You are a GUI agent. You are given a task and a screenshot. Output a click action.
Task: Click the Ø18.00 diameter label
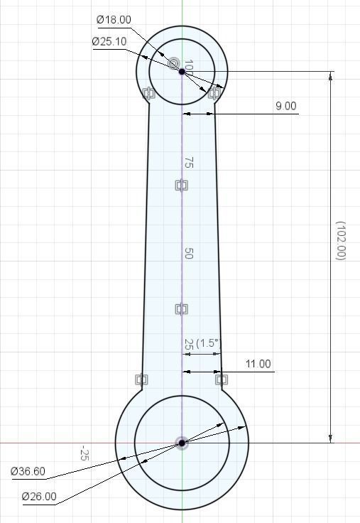click(113, 20)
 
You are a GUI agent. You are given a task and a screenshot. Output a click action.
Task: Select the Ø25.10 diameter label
click(109, 41)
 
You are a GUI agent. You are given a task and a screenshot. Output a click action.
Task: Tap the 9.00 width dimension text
click(286, 106)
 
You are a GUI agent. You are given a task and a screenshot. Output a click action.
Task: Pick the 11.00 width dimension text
click(258, 364)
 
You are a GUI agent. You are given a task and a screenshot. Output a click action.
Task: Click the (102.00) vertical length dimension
click(340, 240)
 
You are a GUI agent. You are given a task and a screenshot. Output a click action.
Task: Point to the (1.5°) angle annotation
click(208, 343)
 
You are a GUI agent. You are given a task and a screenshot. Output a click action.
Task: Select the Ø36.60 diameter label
click(28, 471)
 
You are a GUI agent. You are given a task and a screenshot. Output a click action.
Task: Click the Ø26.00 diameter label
click(39, 496)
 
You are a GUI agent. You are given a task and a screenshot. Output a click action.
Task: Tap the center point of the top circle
click(182, 71)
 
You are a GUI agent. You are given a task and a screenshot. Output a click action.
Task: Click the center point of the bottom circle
click(182, 443)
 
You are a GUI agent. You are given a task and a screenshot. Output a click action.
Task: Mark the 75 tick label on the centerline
click(188, 163)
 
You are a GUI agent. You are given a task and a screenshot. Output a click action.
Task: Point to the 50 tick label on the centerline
click(188, 253)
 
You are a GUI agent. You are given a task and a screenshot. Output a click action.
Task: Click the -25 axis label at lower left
click(85, 453)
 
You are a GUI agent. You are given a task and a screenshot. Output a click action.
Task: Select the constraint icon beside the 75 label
click(181, 185)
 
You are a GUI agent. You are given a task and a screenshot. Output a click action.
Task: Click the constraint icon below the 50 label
click(181, 309)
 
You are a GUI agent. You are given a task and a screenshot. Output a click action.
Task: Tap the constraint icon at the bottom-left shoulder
click(141, 380)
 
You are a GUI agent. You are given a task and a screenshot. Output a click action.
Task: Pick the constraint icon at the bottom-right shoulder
click(222, 380)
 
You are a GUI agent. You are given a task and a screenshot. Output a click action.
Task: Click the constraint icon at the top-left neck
click(148, 93)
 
